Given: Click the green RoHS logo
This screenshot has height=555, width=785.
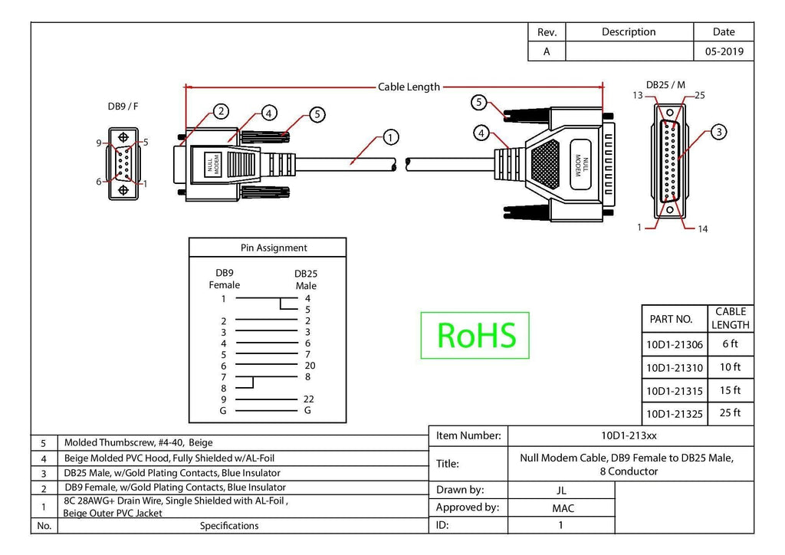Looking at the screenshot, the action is (x=475, y=335).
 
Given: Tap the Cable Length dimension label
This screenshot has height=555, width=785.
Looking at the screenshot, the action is (x=409, y=87).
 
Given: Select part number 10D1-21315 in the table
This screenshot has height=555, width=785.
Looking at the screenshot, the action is (x=675, y=391).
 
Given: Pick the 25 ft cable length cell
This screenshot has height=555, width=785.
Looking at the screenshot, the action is (x=730, y=413).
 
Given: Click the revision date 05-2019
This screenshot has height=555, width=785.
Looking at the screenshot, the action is (x=724, y=51).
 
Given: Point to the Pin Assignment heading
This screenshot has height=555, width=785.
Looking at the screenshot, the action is (x=274, y=248).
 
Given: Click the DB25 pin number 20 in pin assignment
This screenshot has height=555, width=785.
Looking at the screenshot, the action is (x=310, y=366).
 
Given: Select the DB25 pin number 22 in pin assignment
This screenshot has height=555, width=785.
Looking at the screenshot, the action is (x=308, y=399).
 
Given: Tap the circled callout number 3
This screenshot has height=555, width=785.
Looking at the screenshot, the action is (x=719, y=132).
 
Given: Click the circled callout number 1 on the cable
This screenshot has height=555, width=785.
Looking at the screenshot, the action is (x=390, y=137).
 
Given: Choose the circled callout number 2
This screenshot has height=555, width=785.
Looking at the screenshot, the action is (x=221, y=111).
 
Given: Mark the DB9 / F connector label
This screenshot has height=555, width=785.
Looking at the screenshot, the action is (x=123, y=106).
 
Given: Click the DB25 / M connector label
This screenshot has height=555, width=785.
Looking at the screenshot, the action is (x=665, y=84).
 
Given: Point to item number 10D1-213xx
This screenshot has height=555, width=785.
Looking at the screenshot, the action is (x=629, y=435).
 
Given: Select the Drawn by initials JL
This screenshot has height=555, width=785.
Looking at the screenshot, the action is (x=561, y=491).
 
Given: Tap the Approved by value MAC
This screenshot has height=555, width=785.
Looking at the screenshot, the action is (x=563, y=508).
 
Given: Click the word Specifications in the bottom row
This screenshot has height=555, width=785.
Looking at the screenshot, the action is (x=229, y=525).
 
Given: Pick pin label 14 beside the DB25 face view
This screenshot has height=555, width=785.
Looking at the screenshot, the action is (x=702, y=228).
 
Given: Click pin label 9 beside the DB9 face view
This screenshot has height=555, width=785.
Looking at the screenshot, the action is (x=99, y=143).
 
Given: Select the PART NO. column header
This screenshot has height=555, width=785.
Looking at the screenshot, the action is (x=671, y=319).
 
